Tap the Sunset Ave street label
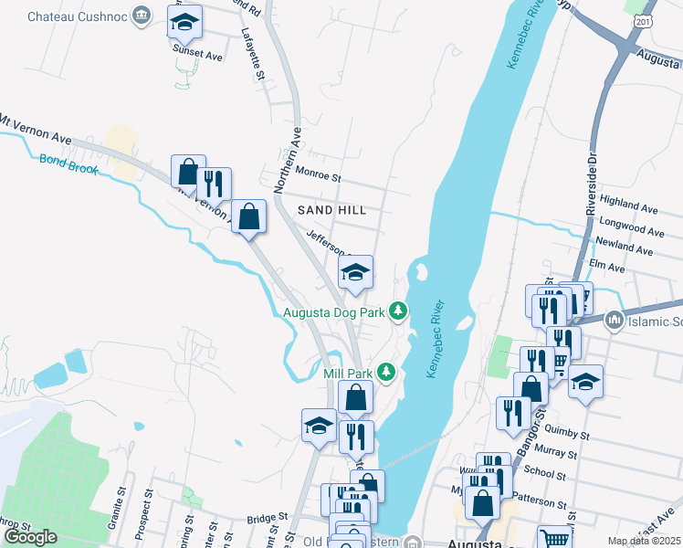point(198,56)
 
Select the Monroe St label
point(317,174)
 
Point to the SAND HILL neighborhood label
point(332,210)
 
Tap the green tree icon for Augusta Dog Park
point(398,312)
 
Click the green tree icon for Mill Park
point(387,373)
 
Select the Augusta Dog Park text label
point(333,312)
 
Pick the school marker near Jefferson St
point(356,271)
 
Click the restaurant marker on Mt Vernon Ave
point(214,184)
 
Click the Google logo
point(31,536)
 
